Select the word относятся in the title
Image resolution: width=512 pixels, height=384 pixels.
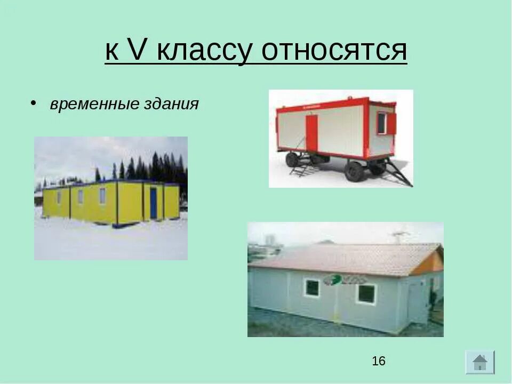click(334, 51)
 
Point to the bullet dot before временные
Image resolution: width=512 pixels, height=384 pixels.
click(33, 102)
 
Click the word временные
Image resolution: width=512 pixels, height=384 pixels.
click(94, 104)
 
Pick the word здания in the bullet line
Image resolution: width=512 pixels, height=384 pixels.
click(171, 104)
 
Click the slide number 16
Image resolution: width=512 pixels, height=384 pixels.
click(379, 361)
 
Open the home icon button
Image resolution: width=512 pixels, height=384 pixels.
click(479, 362)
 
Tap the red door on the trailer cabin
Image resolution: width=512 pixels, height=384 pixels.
click(311, 133)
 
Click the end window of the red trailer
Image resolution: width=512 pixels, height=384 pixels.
click(382, 123)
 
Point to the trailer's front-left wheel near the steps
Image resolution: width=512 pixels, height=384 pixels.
click(292, 159)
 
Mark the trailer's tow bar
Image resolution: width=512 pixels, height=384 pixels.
click(399, 171)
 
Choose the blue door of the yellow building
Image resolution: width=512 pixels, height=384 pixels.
click(154, 203)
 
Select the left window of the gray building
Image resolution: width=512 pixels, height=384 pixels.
click(312, 288)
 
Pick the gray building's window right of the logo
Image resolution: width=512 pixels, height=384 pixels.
click(366, 293)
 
